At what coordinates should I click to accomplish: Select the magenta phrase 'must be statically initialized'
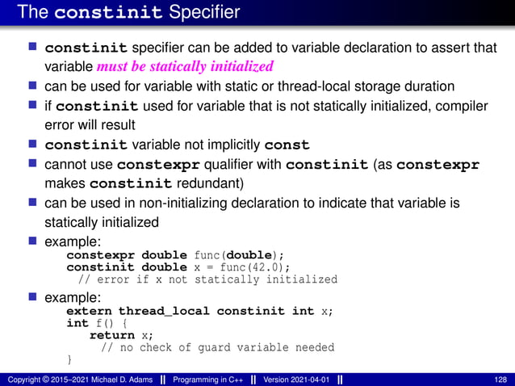[x=185, y=66]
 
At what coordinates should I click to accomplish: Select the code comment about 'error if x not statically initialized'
[x=207, y=279]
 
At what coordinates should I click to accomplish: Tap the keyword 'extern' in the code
[x=89, y=311]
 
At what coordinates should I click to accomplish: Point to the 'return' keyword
[x=111, y=335]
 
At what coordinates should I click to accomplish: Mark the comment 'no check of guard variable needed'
[x=217, y=347]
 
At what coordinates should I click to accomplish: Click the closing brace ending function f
[x=69, y=359]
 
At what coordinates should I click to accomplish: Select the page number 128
[x=500, y=379]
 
